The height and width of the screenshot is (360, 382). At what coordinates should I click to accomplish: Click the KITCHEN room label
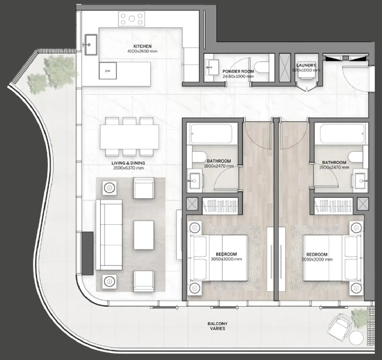[x=142, y=46]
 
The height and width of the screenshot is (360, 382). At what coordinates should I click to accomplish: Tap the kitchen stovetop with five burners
[x=132, y=19]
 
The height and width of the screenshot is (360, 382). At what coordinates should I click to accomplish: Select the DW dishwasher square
[x=108, y=71]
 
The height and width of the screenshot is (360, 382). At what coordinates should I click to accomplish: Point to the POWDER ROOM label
[x=238, y=71]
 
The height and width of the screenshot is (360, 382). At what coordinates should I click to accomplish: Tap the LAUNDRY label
[x=306, y=65]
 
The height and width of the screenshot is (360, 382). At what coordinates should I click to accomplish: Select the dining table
[x=129, y=137]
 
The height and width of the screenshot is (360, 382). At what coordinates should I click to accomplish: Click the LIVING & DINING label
[x=128, y=163]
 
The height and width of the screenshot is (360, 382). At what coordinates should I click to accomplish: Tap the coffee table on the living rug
[x=144, y=235]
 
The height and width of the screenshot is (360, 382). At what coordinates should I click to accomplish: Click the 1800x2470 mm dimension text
[x=219, y=166]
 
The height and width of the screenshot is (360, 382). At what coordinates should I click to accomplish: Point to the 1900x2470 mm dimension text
[x=334, y=167]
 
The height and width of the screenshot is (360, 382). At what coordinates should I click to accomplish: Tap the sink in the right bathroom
[x=360, y=177]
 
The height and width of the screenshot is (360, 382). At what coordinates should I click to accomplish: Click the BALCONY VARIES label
[x=217, y=326]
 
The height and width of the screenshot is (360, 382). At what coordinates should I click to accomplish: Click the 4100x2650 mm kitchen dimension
[x=142, y=51]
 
